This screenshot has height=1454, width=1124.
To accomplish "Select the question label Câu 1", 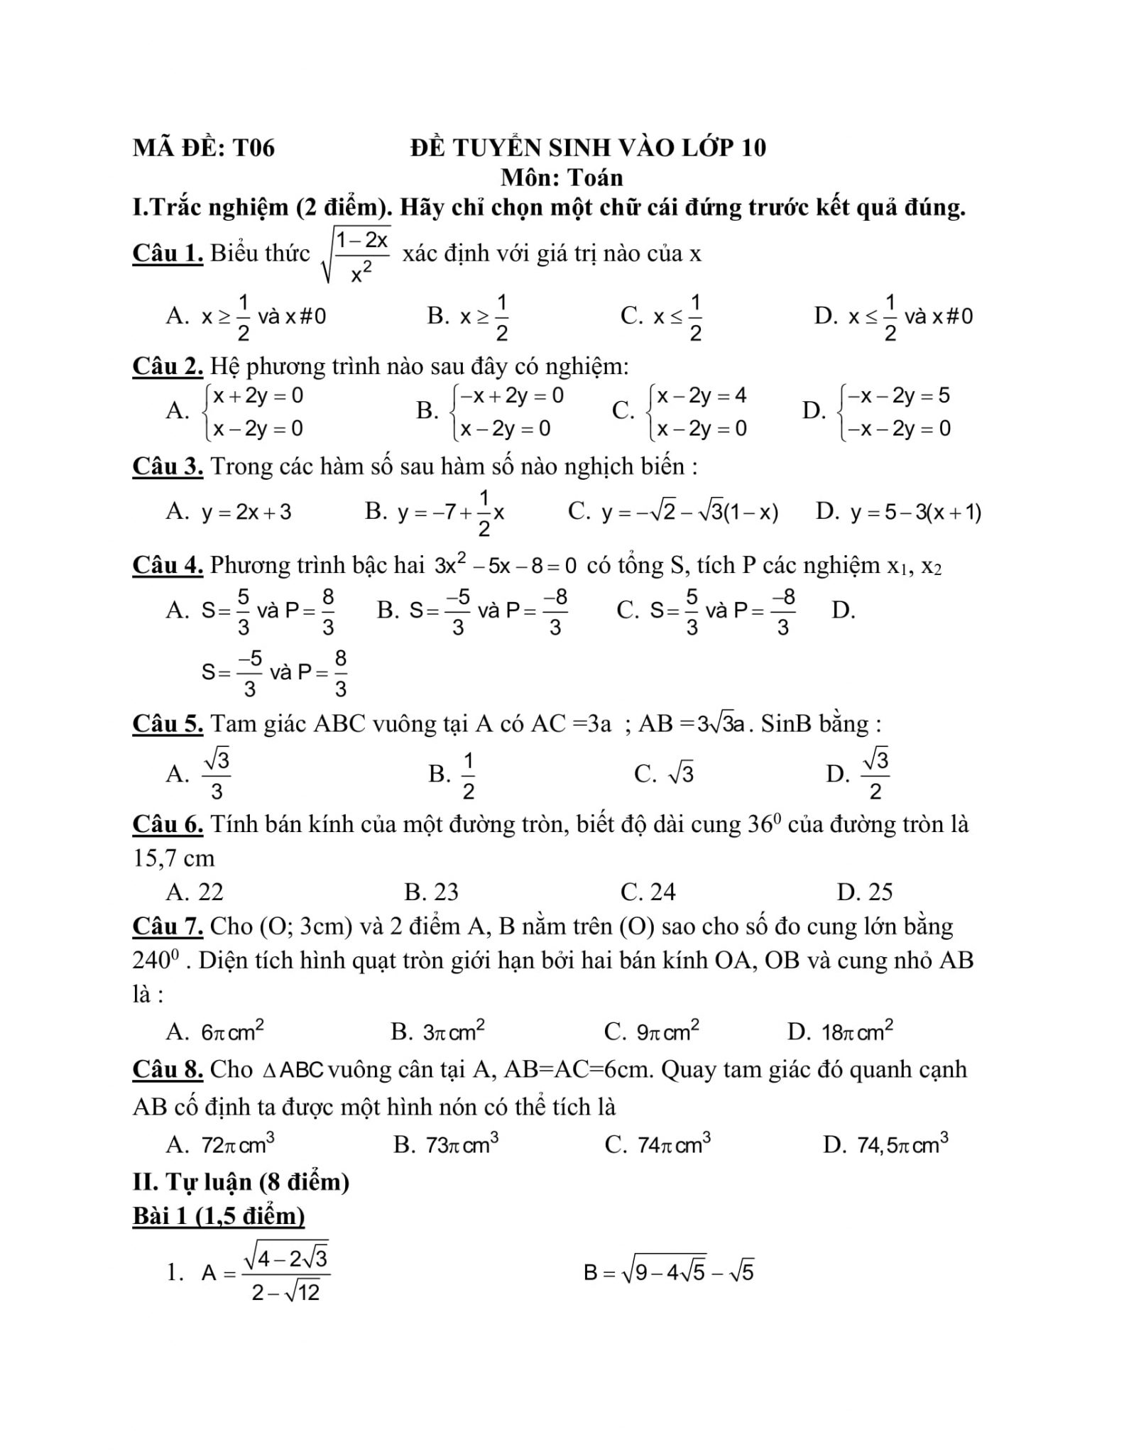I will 168,253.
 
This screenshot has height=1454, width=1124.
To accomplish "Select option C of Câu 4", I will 706,611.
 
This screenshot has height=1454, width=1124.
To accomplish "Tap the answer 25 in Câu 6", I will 865,892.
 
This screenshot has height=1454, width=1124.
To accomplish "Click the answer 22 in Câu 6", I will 195,892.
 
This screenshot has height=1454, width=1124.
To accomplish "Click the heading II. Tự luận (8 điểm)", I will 241,1181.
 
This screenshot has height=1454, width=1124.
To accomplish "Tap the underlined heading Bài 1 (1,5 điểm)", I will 219,1216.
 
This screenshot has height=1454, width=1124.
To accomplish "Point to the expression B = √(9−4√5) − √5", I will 668,1272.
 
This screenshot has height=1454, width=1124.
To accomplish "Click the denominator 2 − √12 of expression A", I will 286,1292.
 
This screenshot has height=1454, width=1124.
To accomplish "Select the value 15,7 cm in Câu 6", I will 174,858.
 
